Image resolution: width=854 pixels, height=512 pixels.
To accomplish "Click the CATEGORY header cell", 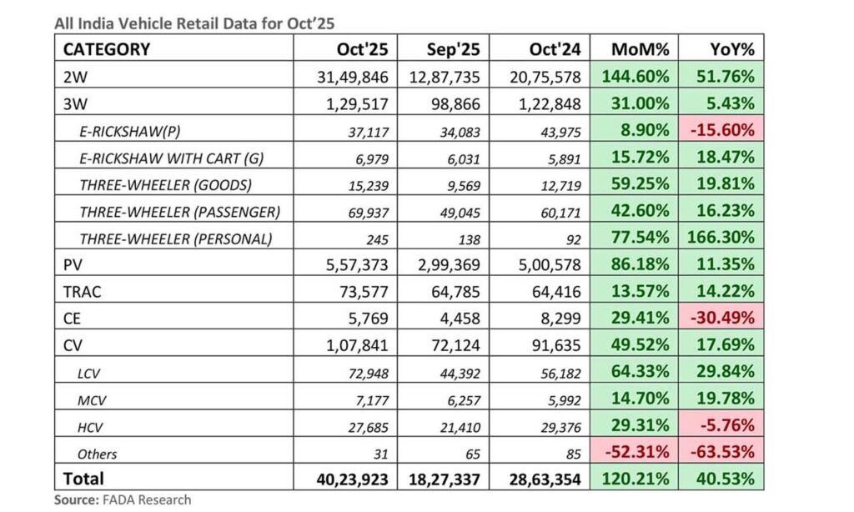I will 107,48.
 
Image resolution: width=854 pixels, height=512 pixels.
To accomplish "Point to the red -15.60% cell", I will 721,130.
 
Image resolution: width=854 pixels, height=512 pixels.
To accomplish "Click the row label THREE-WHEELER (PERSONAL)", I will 176,238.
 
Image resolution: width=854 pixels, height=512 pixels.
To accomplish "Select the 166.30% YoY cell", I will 721,238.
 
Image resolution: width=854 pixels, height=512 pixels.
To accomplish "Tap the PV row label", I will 74,265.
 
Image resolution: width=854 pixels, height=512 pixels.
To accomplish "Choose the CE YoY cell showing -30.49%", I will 721,319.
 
